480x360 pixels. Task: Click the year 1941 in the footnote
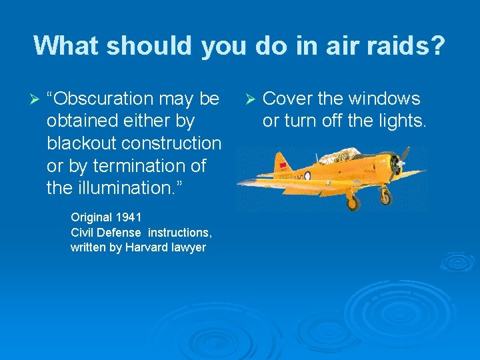[x=129, y=217]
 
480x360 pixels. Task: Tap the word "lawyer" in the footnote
[x=189, y=247]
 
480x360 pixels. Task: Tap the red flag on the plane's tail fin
[x=283, y=164]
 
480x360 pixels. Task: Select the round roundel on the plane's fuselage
[x=307, y=176]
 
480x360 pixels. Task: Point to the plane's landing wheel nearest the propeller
[x=385, y=198]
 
